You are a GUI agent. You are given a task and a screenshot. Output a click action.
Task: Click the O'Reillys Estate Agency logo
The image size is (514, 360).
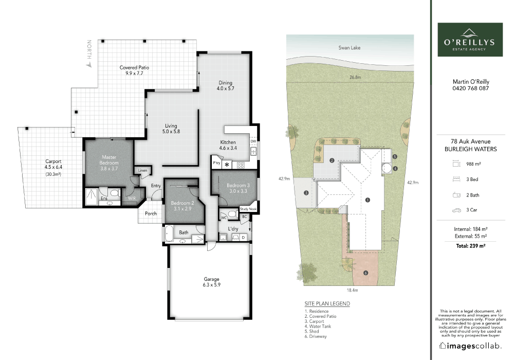[x=470, y=40]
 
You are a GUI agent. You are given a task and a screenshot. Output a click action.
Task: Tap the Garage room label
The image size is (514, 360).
[x=211, y=279]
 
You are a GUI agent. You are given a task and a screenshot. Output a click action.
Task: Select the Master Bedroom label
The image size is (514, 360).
[x=109, y=160]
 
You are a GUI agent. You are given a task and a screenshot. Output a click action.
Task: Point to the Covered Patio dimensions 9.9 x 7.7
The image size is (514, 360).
[x=134, y=74]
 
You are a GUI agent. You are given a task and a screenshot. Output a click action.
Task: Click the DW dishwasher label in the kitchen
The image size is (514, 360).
[x=253, y=141]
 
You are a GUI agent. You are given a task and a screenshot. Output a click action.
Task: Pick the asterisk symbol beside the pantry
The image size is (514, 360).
[x=227, y=165]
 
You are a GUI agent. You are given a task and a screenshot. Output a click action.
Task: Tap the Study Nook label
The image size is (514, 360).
[x=248, y=209]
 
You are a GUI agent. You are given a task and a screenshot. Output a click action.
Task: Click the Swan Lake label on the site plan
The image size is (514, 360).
[x=350, y=47]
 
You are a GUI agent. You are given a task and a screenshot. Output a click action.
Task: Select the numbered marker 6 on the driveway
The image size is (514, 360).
[x=366, y=273]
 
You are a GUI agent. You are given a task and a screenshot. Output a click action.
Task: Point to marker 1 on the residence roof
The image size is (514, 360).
[x=368, y=200]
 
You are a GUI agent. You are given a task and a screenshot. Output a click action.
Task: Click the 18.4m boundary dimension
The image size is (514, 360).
[x=353, y=290]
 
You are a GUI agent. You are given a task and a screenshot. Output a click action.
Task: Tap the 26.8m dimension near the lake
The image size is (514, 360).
[x=355, y=77]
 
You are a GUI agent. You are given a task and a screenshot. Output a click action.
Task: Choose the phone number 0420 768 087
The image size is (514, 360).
[x=471, y=88]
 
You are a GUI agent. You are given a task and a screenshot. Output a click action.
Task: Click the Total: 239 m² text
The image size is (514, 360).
[x=470, y=246]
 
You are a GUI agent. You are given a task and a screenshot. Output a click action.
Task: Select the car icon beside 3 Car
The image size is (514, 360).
[x=456, y=210]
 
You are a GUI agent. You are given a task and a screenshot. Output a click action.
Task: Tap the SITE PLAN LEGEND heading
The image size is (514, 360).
[x=327, y=303]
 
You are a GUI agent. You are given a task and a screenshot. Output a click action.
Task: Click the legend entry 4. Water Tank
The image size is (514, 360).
[x=318, y=326]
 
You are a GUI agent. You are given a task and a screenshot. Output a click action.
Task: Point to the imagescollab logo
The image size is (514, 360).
[x=470, y=346]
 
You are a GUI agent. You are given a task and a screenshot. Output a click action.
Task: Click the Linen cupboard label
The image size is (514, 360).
[x=142, y=171]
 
